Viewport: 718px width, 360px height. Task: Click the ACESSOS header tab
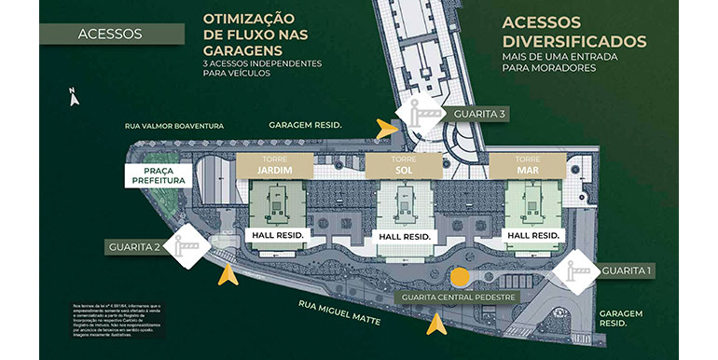110,34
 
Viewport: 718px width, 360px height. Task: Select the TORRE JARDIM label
274,165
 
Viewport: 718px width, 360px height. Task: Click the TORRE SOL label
403,165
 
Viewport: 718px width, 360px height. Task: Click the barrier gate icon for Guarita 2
193,246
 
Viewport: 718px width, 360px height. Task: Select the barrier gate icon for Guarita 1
573,270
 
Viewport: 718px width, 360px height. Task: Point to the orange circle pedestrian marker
459,277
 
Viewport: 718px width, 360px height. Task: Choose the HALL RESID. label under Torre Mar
532,235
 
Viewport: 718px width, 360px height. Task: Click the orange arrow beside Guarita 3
385,128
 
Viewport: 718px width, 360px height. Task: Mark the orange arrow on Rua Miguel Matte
435,325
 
